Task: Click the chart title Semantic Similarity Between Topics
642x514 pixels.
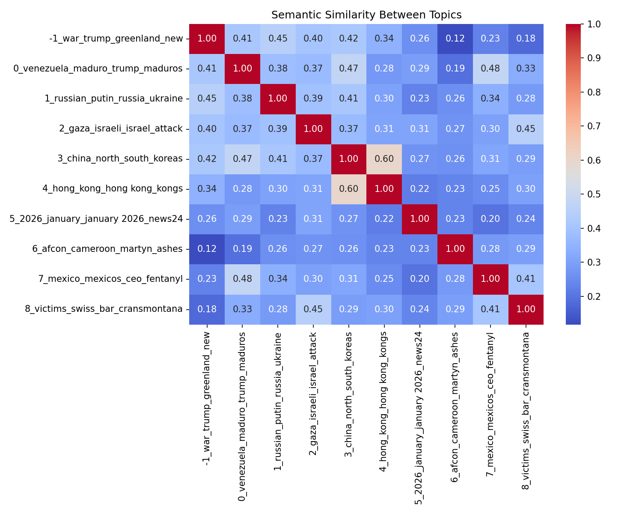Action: (366, 15)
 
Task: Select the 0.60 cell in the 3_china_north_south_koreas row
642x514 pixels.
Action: (384, 159)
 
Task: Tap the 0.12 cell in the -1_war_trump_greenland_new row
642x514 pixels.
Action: (455, 39)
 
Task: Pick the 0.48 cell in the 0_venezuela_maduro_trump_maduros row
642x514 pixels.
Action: (490, 69)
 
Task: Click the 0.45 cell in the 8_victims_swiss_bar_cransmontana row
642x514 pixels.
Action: (313, 309)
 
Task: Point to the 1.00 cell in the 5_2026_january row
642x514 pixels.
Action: (419, 219)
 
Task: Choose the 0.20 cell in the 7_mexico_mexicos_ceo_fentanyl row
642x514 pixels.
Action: (419, 279)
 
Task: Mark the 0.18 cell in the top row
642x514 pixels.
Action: (526, 39)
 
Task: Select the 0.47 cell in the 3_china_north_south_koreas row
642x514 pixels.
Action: (242, 159)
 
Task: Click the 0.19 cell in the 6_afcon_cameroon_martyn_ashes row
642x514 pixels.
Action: (242, 249)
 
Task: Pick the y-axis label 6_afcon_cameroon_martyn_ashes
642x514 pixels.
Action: (108, 249)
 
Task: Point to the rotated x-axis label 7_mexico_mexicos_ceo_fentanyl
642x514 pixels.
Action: (490, 400)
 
